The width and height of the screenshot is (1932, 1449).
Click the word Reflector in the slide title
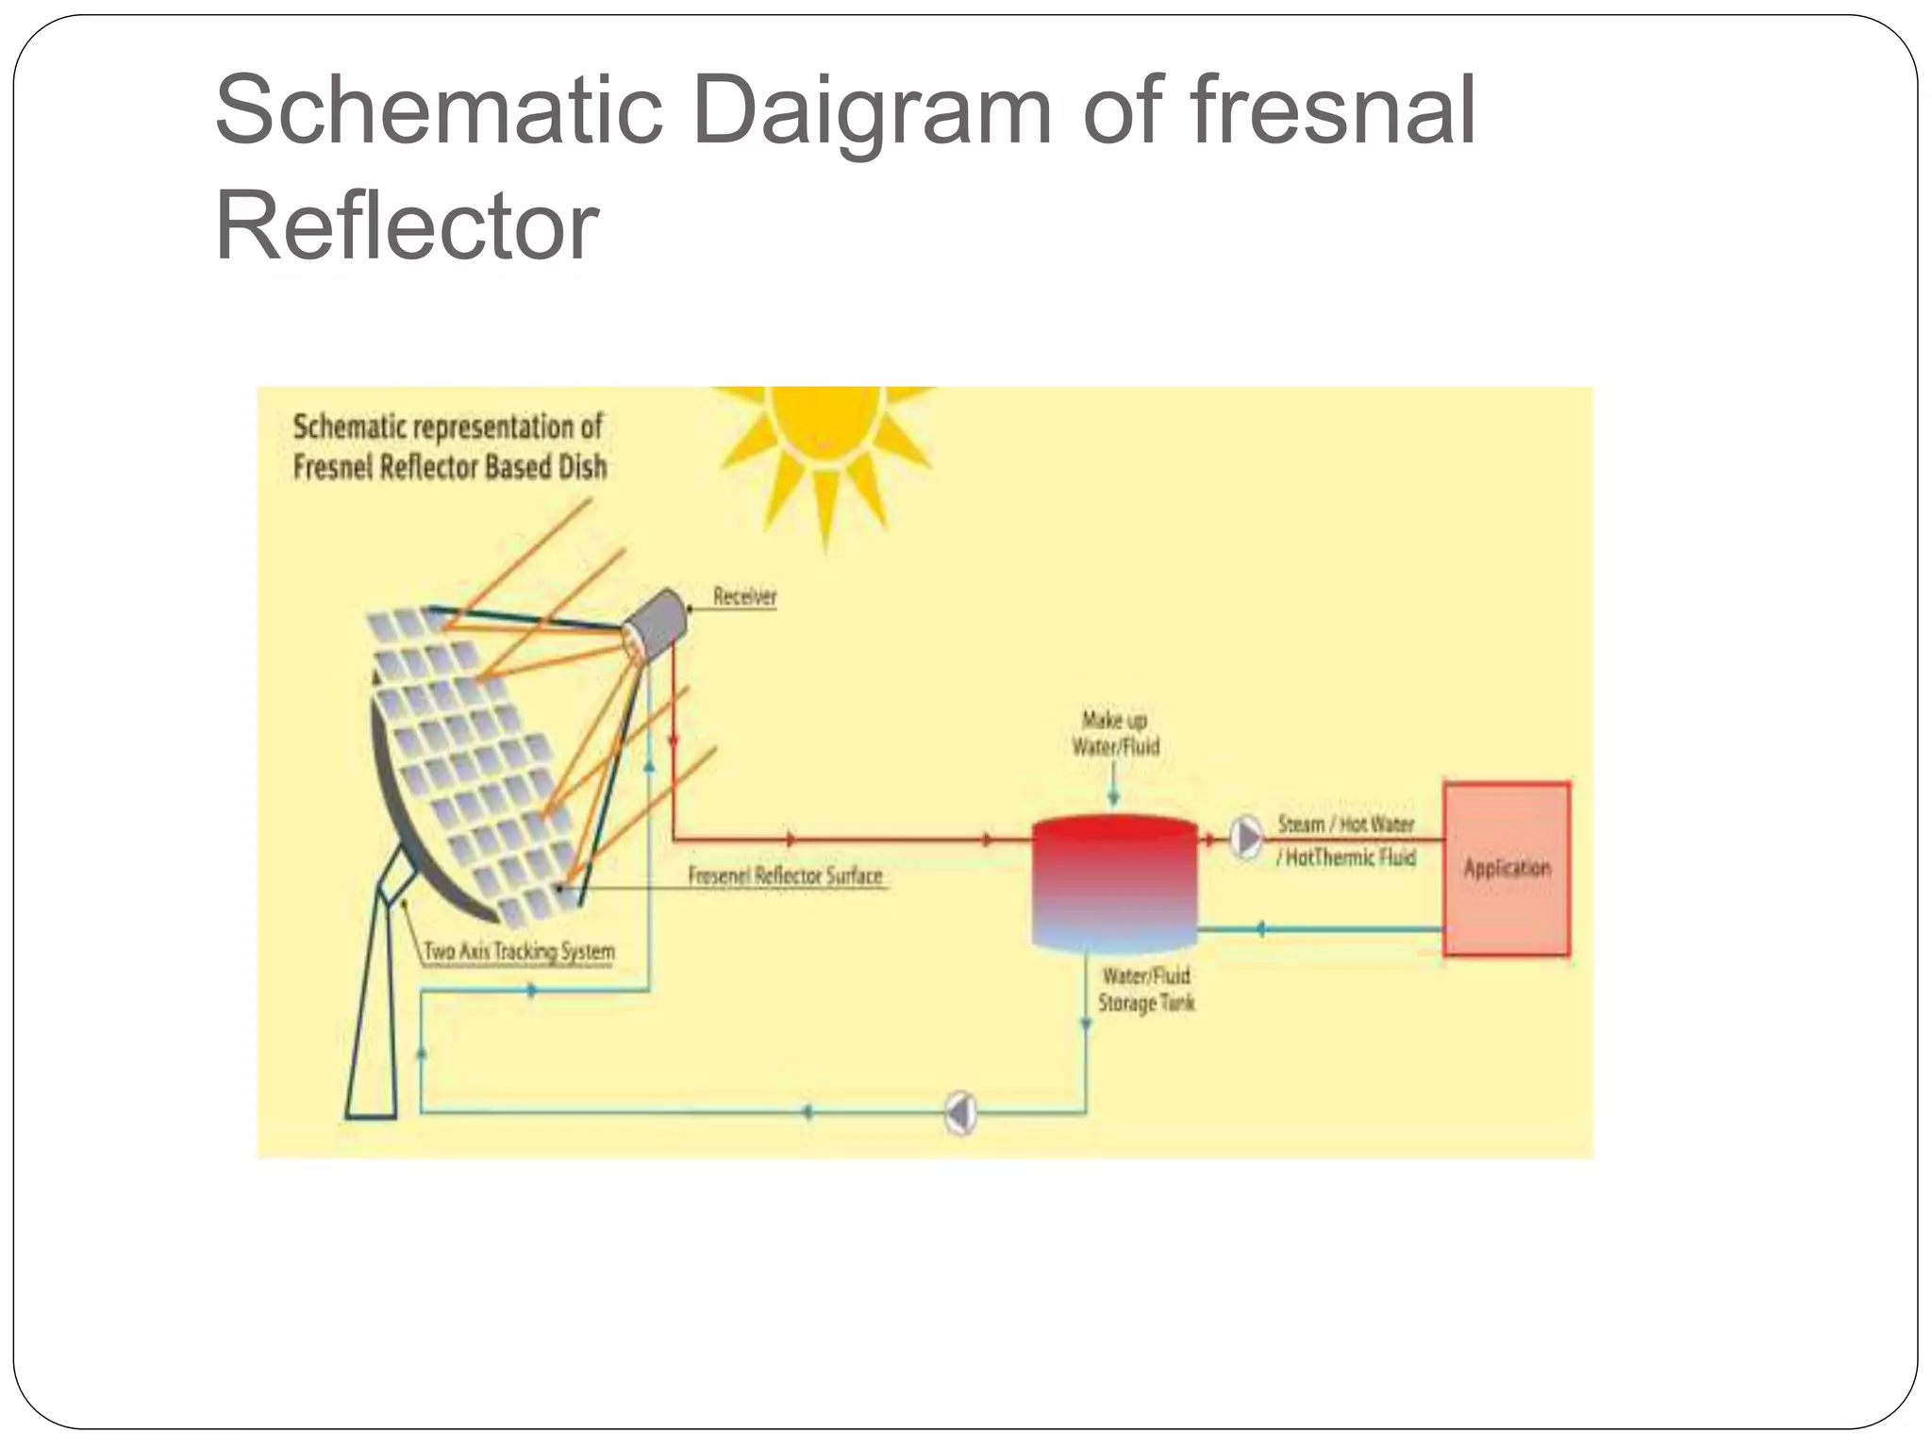407,226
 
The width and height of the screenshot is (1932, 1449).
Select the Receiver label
744,596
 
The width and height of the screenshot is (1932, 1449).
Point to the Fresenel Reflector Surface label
785,875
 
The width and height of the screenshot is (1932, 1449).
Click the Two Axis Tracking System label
519,951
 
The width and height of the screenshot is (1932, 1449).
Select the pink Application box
1507,868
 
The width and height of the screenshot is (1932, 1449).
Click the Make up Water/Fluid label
1115,733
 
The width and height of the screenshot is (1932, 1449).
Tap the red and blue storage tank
1114,882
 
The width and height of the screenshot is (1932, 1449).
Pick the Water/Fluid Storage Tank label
1145,989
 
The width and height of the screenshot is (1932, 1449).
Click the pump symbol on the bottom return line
960,1113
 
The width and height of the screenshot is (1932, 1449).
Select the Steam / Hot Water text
1345,824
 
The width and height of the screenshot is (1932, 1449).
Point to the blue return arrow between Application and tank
1260,929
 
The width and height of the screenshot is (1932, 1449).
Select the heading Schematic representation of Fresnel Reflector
449,446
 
